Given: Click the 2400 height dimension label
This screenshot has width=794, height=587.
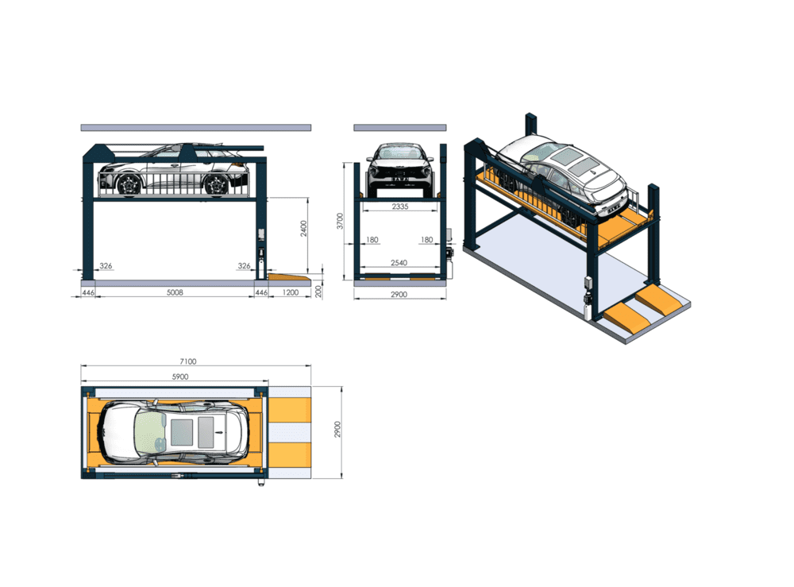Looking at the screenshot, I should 303,229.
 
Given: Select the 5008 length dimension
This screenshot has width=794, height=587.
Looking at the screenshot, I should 175,292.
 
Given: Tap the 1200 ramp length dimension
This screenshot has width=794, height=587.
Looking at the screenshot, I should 291,292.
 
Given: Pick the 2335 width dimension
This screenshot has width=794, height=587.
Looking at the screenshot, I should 399,207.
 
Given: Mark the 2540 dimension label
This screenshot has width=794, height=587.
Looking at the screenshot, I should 399,262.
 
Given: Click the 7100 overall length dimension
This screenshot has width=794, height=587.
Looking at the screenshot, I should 187,361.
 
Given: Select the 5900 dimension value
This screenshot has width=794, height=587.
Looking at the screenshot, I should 179,377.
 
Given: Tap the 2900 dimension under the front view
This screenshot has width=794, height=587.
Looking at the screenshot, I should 399,295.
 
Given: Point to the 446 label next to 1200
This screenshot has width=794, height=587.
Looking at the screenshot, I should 260,292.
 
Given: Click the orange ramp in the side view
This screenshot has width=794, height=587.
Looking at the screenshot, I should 287,277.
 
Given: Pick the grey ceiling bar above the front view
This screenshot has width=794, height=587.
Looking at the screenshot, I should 399,127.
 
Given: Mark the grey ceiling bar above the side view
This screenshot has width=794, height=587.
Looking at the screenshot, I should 195,127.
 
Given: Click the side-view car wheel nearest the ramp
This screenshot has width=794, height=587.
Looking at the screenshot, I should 215,185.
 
